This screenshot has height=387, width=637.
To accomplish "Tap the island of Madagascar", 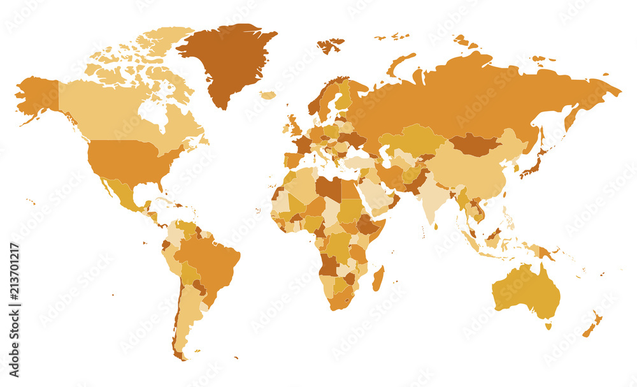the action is point(378,279).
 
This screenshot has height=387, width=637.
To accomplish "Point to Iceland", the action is point(268,95).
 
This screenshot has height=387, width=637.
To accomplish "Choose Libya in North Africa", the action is point(328,188).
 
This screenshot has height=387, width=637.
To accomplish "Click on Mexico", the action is point(124,191).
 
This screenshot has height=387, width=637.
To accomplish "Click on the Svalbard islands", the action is point(331,45).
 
